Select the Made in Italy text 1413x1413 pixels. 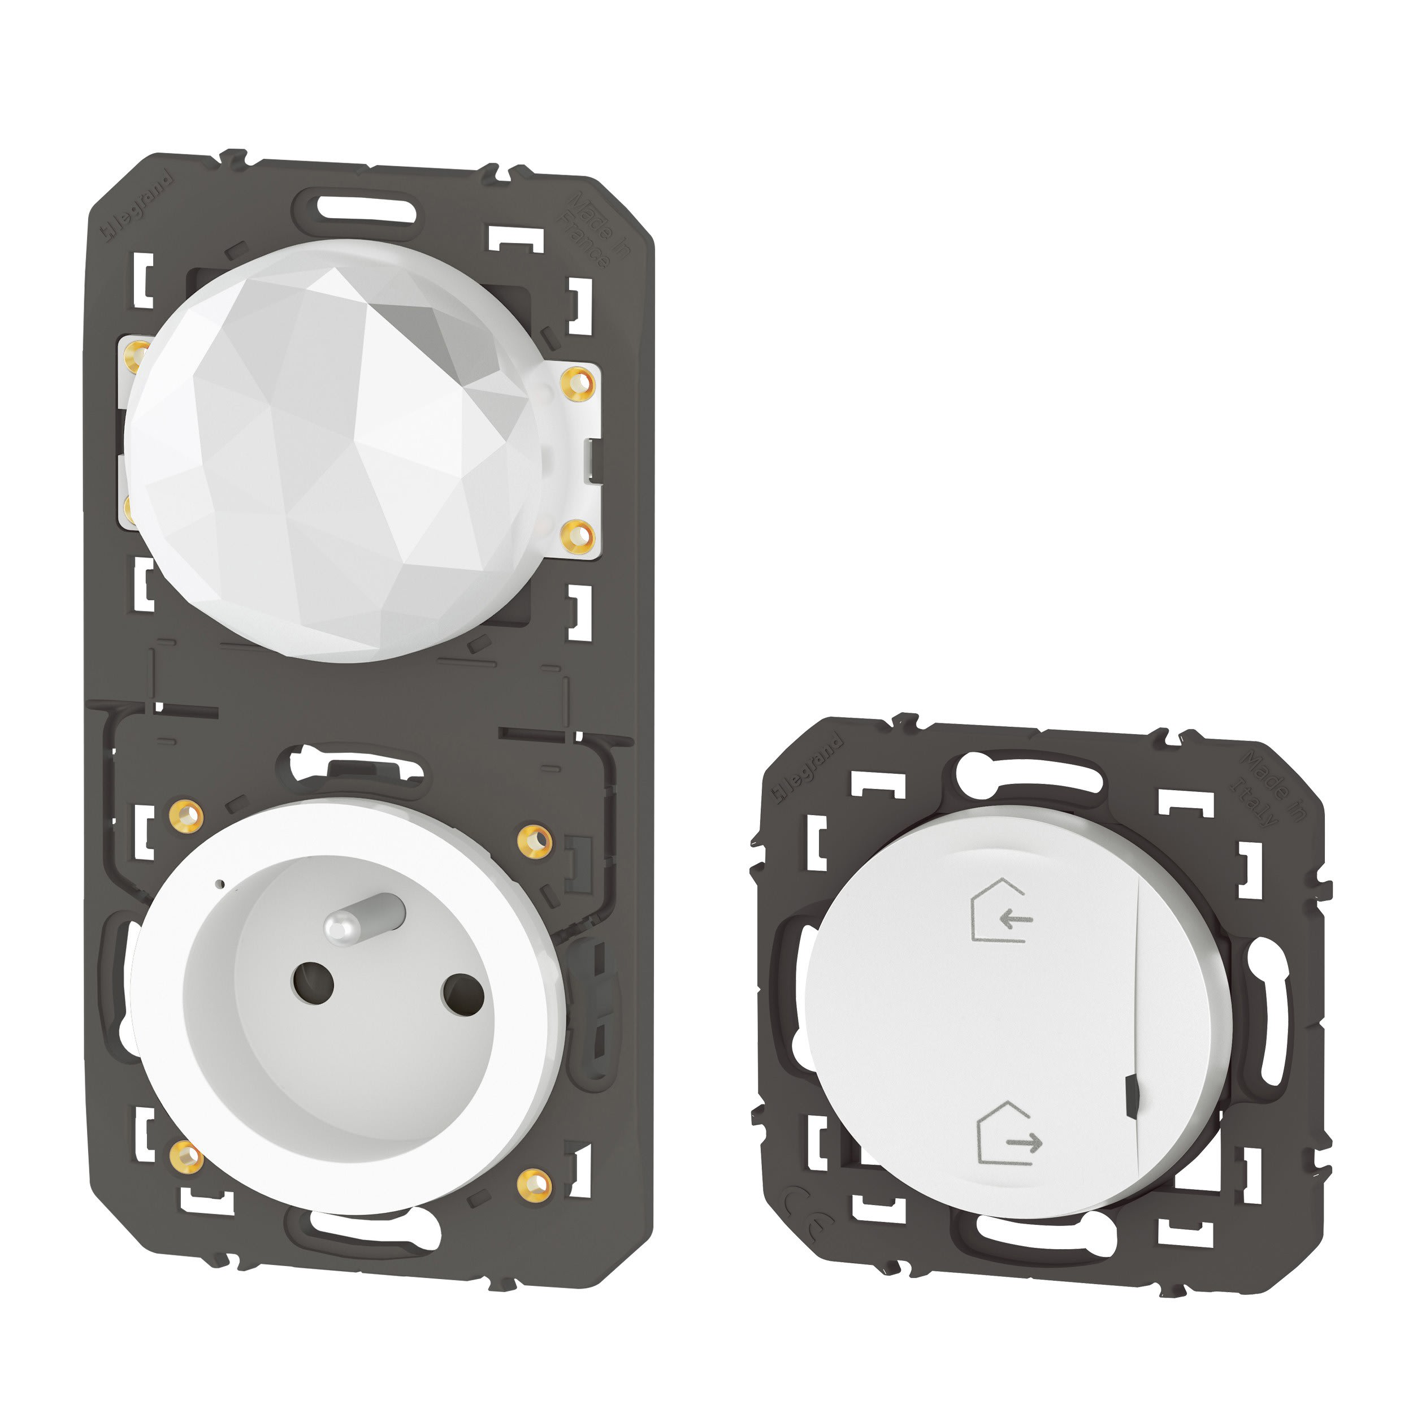pyautogui.click(x=1269, y=786)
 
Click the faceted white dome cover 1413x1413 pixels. pyautogui.click(x=333, y=449)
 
